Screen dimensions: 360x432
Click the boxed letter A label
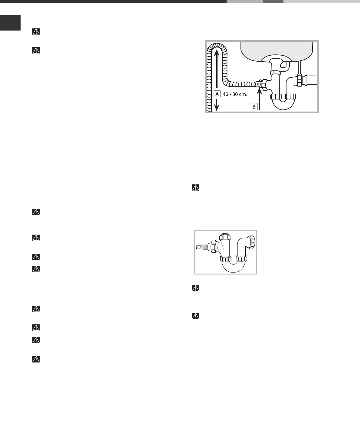point(217,94)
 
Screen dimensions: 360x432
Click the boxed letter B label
point(254,107)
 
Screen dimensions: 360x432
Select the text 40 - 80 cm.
point(235,94)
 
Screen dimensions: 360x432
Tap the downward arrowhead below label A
point(217,108)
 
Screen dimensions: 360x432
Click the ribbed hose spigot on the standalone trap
point(202,247)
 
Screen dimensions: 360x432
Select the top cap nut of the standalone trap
point(225,237)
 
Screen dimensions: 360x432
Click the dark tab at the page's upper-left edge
point(10,23)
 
